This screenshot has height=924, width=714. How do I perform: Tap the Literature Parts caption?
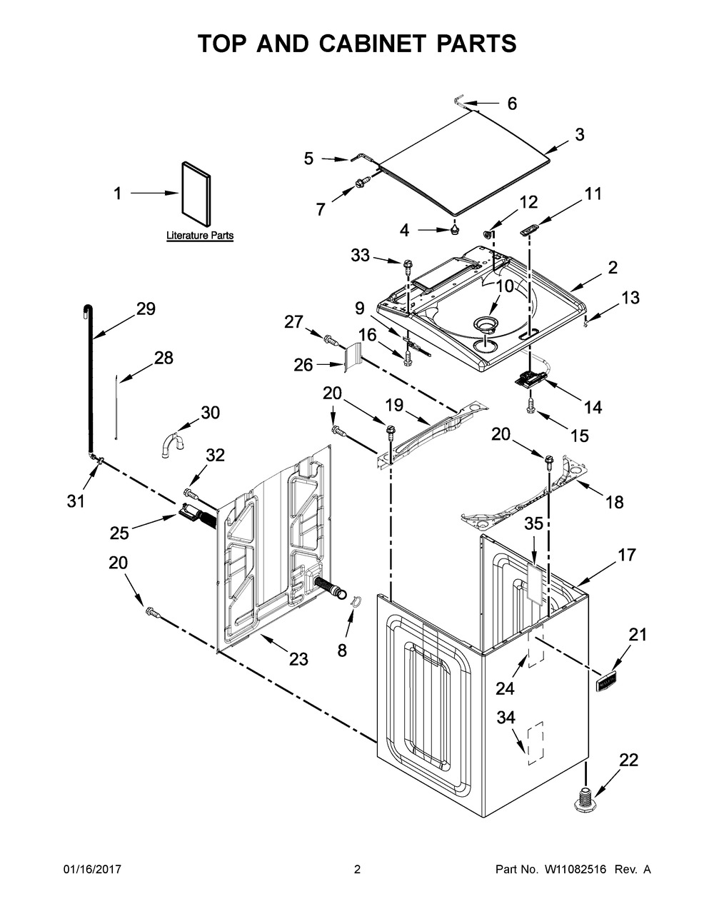[x=200, y=235]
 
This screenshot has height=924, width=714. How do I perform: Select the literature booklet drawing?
[x=196, y=194]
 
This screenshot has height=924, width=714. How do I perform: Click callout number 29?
[x=146, y=308]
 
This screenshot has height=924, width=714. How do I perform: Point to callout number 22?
[x=628, y=760]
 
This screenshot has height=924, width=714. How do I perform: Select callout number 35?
[x=533, y=523]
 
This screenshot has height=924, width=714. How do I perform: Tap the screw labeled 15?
[x=531, y=407]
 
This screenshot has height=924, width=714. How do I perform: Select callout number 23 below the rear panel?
[x=298, y=659]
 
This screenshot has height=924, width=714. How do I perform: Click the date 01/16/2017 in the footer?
[x=92, y=869]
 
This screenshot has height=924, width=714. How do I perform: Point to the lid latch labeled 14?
[x=531, y=378]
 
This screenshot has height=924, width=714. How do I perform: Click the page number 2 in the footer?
[x=357, y=869]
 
